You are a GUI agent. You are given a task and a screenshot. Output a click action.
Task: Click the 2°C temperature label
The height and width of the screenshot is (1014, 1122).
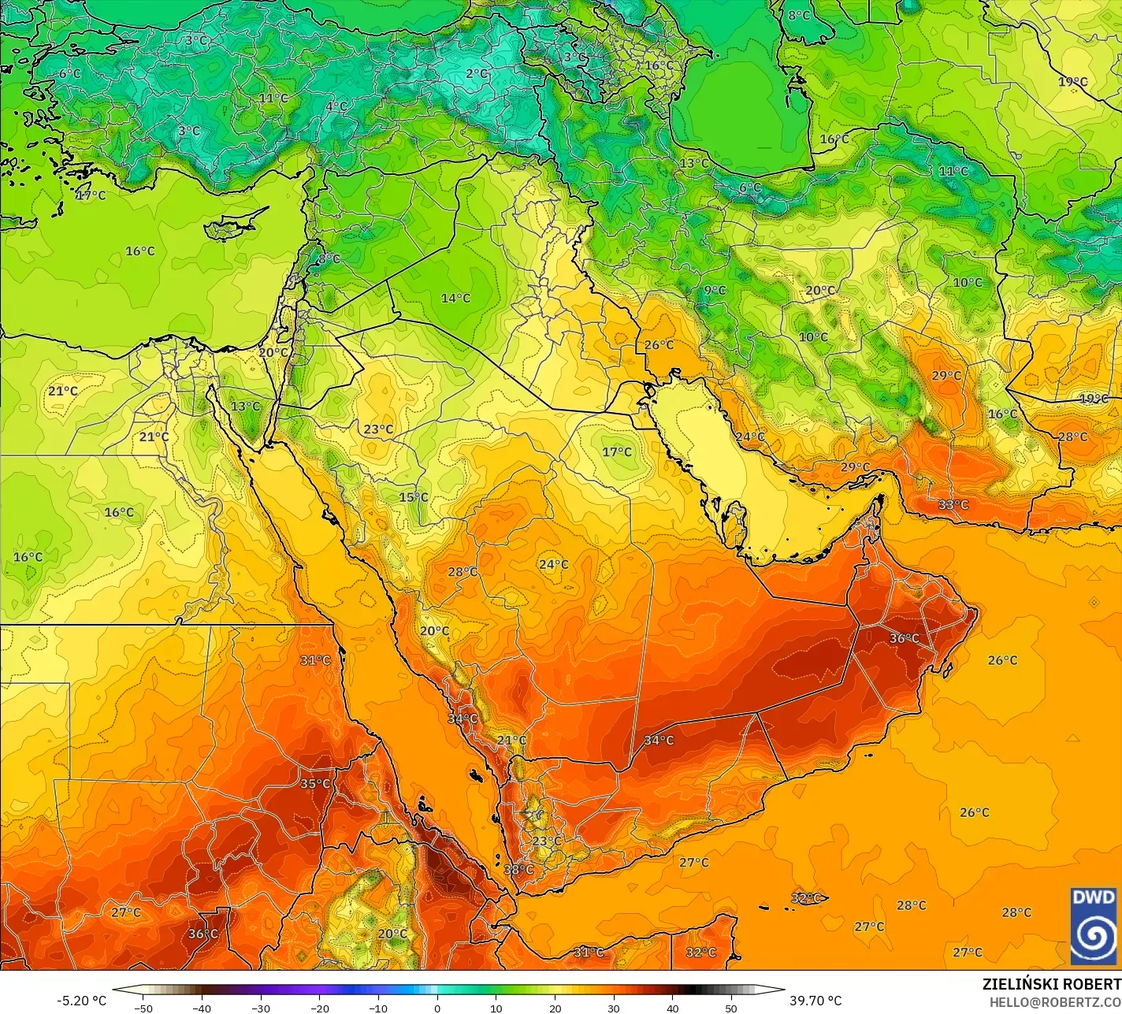477,73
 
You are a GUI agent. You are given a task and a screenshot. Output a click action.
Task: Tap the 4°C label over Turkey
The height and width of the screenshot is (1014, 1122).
336,106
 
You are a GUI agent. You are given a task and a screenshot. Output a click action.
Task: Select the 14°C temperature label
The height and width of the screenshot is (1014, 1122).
455,298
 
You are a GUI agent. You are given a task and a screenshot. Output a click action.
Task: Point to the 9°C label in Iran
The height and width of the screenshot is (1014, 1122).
715,290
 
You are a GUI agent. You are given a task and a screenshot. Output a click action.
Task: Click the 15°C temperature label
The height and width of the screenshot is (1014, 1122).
414,497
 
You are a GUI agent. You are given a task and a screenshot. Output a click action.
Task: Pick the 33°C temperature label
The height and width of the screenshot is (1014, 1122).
953,504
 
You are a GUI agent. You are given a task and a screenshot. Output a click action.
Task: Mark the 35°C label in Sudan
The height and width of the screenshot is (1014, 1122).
315,783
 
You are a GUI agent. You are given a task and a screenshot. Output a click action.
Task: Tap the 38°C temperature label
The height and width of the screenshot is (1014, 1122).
518,869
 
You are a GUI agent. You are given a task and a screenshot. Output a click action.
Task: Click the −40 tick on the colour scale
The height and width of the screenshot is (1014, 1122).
202,1008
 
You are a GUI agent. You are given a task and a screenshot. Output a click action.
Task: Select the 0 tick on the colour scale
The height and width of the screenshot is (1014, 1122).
437,1008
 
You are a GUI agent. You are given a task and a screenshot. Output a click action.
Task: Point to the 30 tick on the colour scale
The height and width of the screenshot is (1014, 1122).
614,1008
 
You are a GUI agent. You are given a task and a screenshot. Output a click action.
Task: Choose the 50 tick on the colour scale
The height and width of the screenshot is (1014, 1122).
731,1008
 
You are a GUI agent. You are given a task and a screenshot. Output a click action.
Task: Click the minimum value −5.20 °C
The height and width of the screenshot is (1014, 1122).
81,1001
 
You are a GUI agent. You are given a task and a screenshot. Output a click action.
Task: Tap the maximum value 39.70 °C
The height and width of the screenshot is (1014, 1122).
815,1001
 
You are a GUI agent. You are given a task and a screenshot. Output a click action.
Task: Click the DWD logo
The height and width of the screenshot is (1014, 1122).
1094,925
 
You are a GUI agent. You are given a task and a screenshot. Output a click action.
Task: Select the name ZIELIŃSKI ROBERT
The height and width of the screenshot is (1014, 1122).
1051,984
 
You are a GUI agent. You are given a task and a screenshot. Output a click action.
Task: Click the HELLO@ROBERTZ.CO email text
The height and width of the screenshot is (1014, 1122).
1055,1001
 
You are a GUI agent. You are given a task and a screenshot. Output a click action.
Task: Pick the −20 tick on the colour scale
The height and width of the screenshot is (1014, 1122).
319,1008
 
